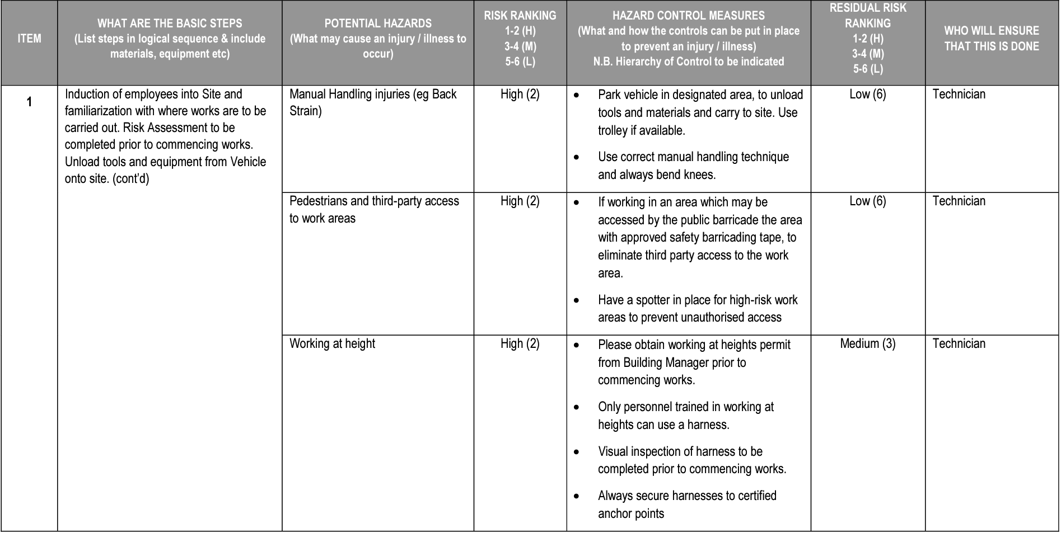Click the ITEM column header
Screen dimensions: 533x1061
(29, 39)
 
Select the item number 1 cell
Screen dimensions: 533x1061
(29, 102)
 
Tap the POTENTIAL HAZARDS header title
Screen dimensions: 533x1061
(378, 23)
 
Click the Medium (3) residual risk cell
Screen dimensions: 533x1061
(867, 344)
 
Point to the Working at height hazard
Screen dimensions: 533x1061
(332, 344)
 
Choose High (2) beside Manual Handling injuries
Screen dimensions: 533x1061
(520, 95)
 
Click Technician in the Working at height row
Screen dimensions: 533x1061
(959, 344)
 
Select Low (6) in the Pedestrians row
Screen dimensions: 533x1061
(867, 201)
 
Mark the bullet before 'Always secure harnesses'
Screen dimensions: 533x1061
(577, 497)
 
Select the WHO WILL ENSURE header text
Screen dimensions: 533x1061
(991, 39)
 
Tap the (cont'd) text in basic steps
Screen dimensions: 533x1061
(131, 180)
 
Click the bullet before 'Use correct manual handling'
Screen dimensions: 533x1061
(577, 158)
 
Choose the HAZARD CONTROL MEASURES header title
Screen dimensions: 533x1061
(688, 16)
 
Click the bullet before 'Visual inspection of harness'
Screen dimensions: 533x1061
(577, 452)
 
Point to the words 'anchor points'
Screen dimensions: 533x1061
(630, 514)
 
